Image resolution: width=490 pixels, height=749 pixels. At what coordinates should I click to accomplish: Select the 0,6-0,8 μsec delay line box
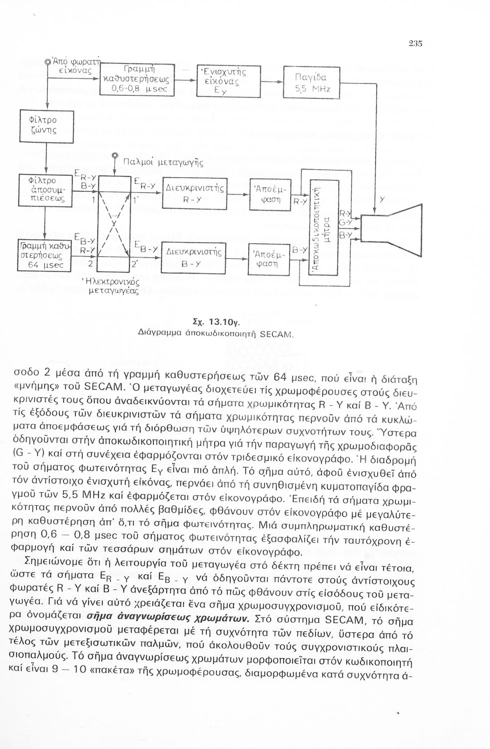coord(136,79)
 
